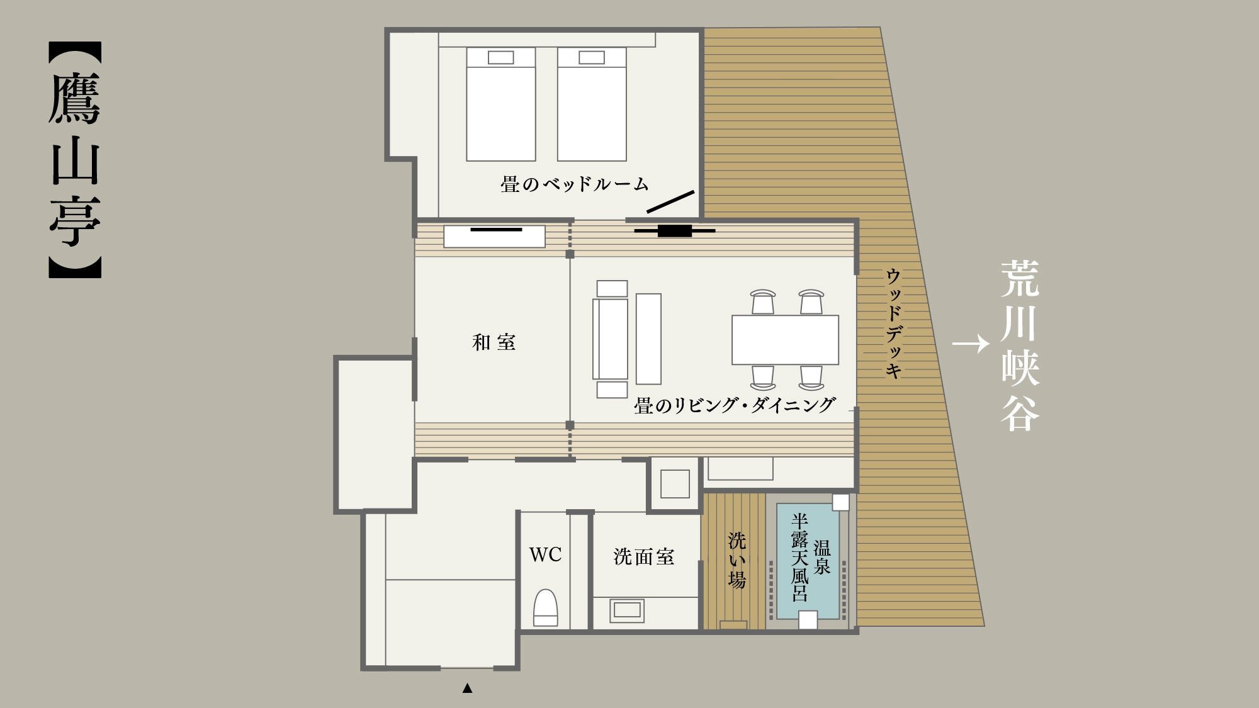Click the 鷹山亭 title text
tap(75, 160)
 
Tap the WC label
tap(545, 554)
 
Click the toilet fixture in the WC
tap(546, 607)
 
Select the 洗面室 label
tap(644, 557)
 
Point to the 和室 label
tap(494, 342)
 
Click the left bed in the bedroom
tap(501, 104)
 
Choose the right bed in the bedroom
tap(592, 104)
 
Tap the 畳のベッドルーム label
tap(575, 184)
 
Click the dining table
tap(785, 340)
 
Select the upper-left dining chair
tap(763, 302)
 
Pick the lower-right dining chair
tap(811, 378)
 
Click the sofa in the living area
tap(611, 339)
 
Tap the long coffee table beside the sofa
tap(648, 339)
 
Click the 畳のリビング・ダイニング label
tap(735, 405)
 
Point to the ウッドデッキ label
tap(894, 323)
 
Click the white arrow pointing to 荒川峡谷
tap(971, 344)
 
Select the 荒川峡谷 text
tap(1020, 346)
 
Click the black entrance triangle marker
tap(467, 688)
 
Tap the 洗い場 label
tap(737, 561)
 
